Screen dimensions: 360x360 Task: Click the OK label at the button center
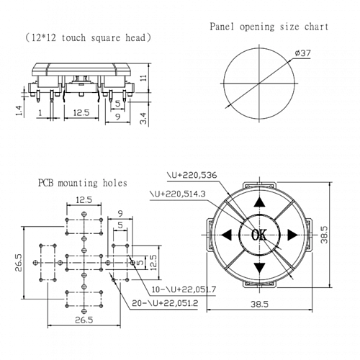click(x=259, y=235)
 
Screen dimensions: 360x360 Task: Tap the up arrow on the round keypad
click(x=259, y=203)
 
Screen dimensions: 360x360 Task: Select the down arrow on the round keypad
click(x=259, y=268)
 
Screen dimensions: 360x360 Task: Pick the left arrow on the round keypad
click(x=227, y=235)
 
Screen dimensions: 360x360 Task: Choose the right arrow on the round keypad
click(x=292, y=235)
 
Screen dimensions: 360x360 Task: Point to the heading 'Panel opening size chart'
click(x=269, y=27)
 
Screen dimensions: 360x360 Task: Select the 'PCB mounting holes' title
click(x=82, y=183)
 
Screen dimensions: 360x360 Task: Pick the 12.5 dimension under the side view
click(x=81, y=112)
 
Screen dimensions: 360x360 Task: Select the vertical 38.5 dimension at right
click(x=343, y=234)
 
